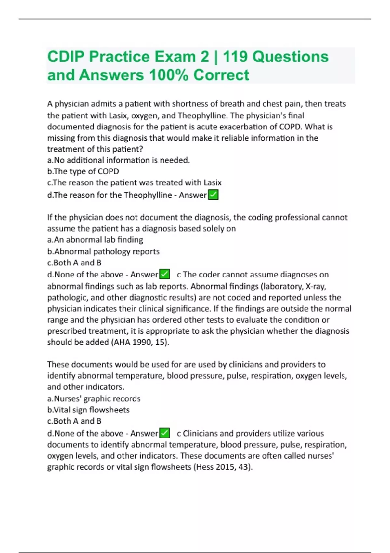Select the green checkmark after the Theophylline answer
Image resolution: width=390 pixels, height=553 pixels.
(x=213, y=195)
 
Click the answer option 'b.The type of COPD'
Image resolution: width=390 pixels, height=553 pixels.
(x=83, y=171)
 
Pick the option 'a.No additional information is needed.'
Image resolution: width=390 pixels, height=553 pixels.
(x=119, y=160)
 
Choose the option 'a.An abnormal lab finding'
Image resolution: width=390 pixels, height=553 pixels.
(x=95, y=240)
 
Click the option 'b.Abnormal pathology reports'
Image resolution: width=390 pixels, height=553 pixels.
(x=103, y=251)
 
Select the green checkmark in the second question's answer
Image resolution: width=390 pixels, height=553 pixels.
(x=164, y=274)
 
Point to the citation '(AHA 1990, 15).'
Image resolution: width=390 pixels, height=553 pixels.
(x=141, y=342)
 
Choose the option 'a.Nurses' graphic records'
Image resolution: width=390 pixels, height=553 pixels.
(x=94, y=398)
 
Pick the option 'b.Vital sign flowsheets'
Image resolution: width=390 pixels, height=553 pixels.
(x=88, y=410)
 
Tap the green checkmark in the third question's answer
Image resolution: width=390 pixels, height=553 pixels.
(x=164, y=433)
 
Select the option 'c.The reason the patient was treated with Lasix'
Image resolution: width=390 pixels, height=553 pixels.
(x=135, y=182)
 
